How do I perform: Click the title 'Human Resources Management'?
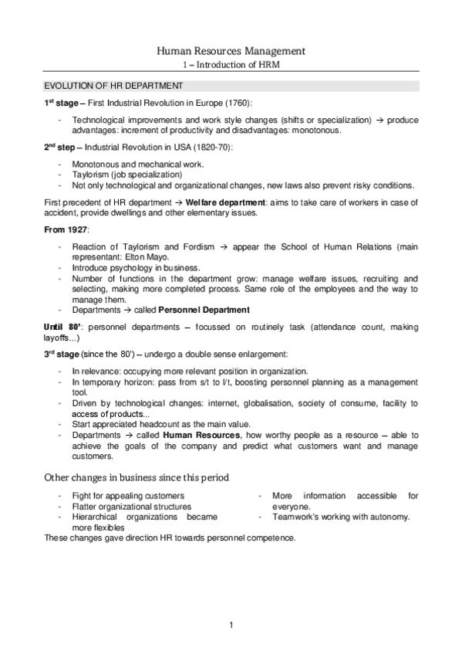tap(231, 51)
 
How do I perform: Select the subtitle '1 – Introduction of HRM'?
tap(231, 66)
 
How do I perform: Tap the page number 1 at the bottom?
tap(231, 624)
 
